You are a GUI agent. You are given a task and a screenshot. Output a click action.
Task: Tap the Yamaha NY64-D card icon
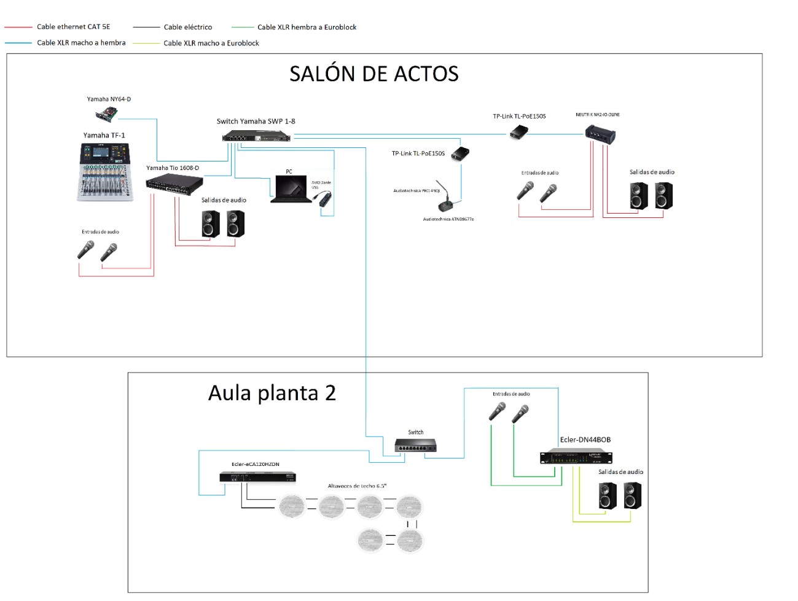tap(107, 114)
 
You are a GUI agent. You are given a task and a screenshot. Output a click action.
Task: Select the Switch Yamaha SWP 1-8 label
tap(256, 122)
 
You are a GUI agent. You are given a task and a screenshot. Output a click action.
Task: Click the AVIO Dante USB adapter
tap(324, 198)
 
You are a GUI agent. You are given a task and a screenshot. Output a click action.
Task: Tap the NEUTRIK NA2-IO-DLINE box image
tap(600, 133)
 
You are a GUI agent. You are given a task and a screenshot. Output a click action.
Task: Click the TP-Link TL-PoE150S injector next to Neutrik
tap(520, 132)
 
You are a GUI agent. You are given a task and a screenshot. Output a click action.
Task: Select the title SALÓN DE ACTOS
tap(374, 74)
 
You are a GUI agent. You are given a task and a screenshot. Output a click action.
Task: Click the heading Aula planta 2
tap(272, 393)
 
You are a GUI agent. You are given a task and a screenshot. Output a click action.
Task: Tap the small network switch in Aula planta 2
tap(415, 446)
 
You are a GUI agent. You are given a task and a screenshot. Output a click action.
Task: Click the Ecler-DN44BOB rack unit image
tap(576, 457)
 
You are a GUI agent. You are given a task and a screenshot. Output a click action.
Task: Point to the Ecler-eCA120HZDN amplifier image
tap(258, 477)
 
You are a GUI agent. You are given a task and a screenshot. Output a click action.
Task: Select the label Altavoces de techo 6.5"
tap(357, 486)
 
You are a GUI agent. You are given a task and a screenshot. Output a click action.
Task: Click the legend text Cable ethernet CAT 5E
tap(73, 27)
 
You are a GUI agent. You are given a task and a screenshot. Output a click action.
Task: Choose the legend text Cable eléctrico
tap(187, 27)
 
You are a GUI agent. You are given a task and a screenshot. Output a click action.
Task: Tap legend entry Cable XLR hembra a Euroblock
tap(307, 27)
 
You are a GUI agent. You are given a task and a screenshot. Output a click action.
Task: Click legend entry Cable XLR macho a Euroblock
tap(211, 43)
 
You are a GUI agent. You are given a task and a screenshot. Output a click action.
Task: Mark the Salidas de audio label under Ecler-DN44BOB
tap(620, 472)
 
